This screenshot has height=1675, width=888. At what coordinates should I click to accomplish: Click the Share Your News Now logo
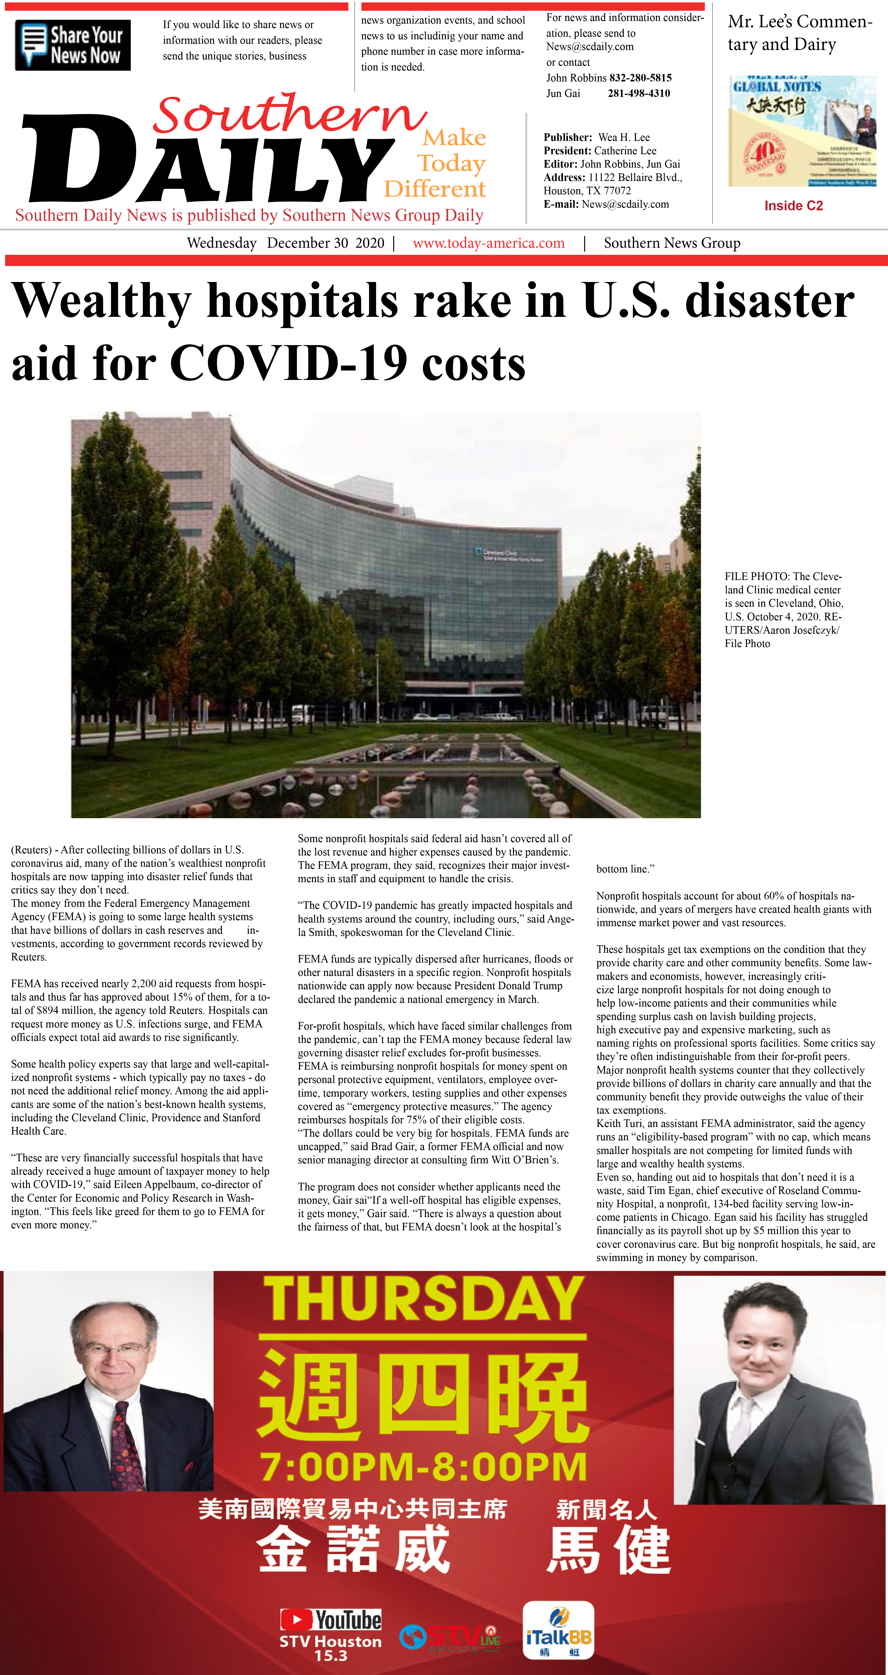73,45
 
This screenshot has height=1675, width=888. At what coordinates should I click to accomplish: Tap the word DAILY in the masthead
208,159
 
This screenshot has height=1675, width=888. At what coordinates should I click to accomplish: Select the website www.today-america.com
489,243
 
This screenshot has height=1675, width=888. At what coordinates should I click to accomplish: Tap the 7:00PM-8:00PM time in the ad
424,1466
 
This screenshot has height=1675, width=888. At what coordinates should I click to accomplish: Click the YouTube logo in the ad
331,1619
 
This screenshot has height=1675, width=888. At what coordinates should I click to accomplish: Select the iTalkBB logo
558,1630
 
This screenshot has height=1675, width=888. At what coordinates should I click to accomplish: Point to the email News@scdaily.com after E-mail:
625,204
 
